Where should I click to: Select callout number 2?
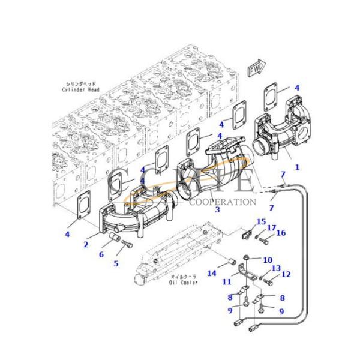coord(86,244)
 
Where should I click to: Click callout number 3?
coord(218,210)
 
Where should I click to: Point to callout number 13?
coord(276,268)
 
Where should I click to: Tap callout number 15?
coord(260,223)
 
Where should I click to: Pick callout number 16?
coord(280,233)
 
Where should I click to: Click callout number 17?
coord(271,227)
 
